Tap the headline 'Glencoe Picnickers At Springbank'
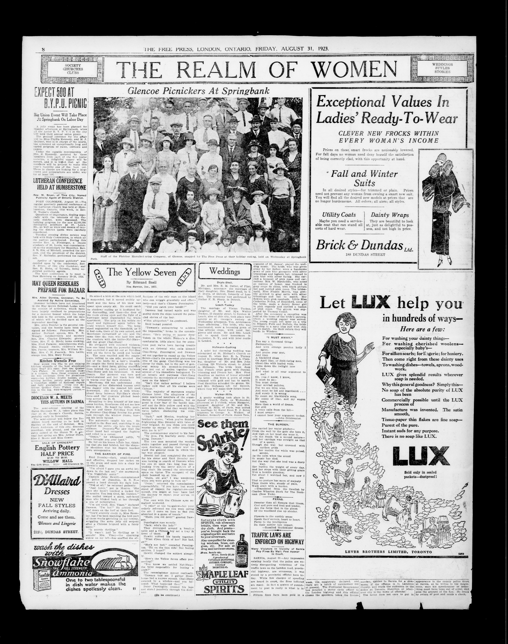pyautogui.click(x=198, y=91)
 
